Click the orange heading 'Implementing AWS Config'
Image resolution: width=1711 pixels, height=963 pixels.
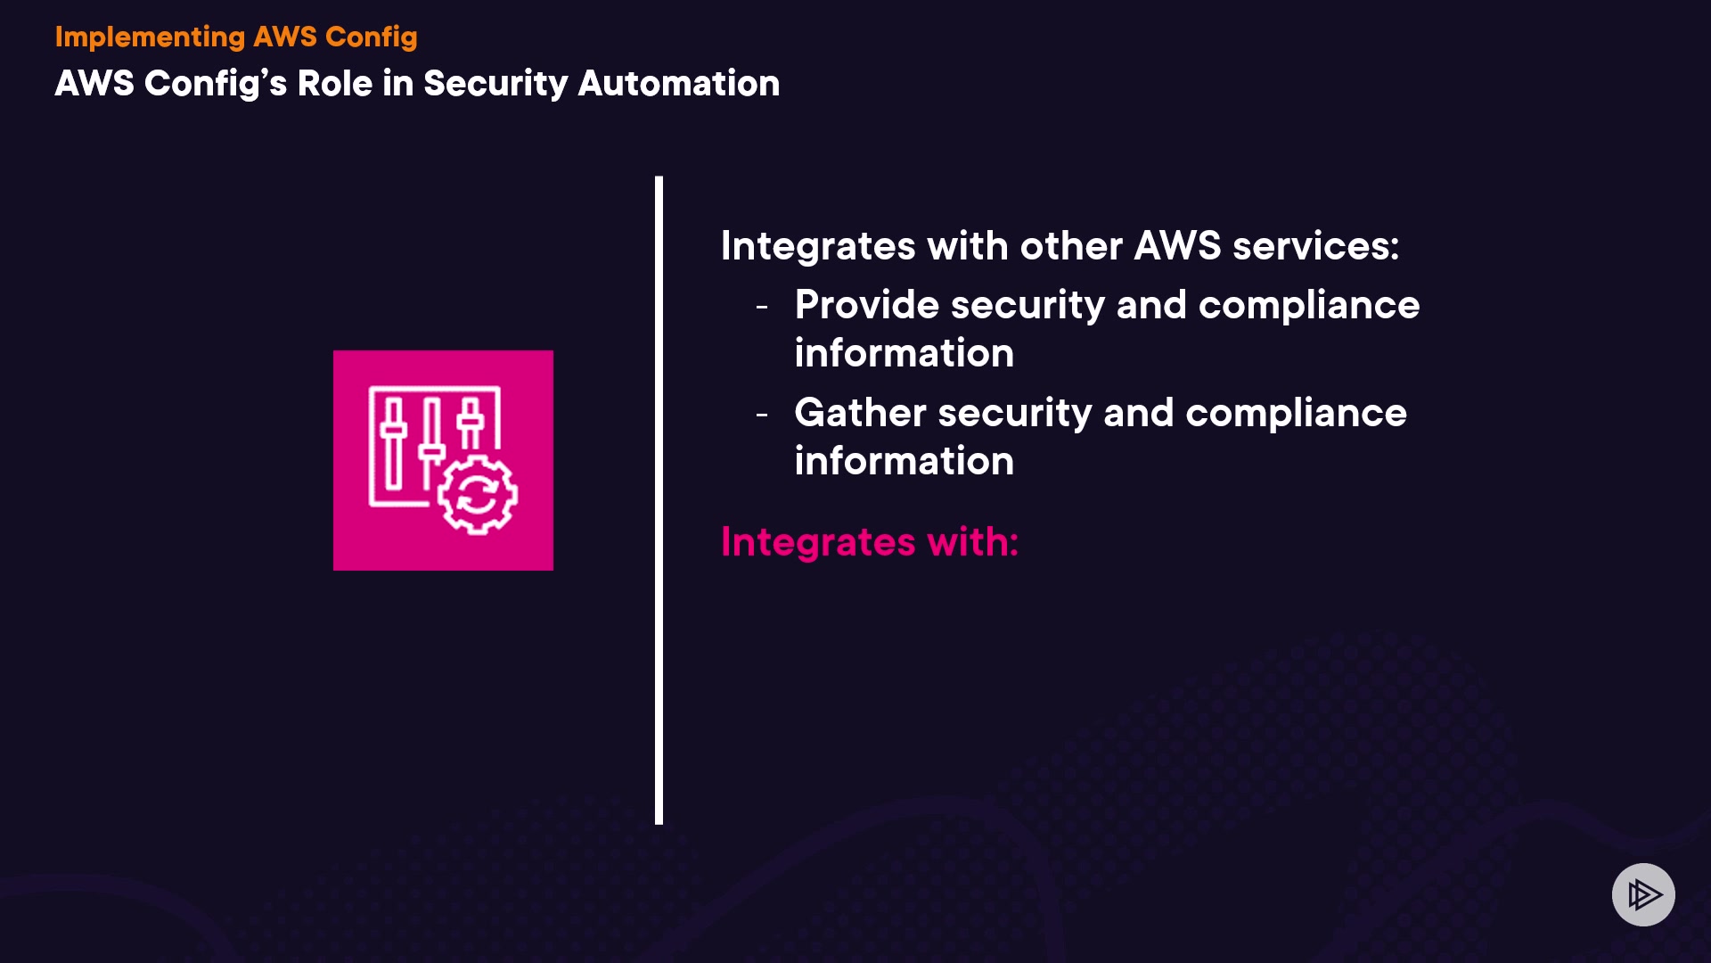coord(236,37)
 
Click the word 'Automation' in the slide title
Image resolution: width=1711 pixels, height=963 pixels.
coord(678,84)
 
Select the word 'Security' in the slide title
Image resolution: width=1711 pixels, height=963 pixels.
coord(495,84)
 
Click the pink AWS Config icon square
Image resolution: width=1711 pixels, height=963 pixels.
coord(443,460)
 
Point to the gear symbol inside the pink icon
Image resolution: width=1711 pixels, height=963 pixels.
coord(478,495)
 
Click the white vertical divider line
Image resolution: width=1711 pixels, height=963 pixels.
coord(659,499)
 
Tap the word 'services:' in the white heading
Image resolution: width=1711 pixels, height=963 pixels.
coord(1315,246)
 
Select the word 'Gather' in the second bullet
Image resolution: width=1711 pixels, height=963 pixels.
coord(860,413)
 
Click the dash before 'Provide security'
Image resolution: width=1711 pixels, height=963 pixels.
coord(762,307)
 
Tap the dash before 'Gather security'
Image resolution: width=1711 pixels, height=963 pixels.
coord(762,415)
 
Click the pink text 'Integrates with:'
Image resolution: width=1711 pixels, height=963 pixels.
coord(869,542)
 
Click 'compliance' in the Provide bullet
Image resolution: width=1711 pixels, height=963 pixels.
coord(1308,305)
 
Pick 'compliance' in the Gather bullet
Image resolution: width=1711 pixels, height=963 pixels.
coord(1296,413)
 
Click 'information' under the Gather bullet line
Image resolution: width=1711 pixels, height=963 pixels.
coord(904,461)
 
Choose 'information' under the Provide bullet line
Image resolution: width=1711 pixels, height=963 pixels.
coord(904,353)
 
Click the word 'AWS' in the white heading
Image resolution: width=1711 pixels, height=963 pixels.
coord(1176,246)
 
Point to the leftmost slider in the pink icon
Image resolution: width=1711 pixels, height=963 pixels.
coord(393,441)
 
